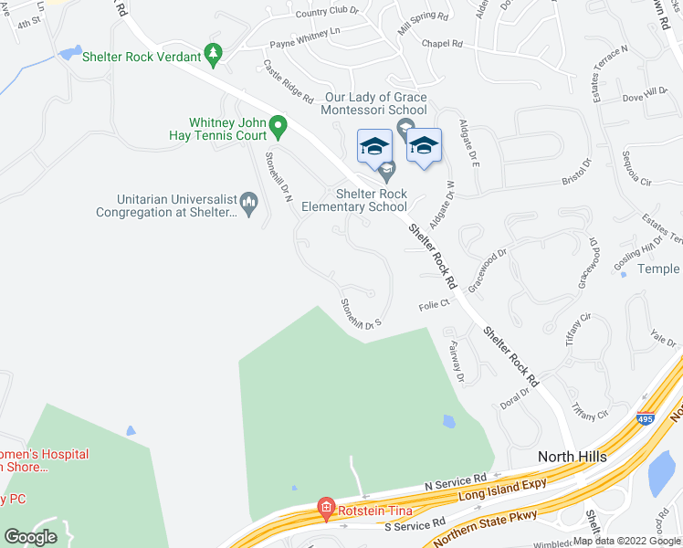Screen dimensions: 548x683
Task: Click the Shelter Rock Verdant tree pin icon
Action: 214,56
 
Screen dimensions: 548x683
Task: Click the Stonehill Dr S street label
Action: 360,312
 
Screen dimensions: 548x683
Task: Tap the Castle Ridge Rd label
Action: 288,81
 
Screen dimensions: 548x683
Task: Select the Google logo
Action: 30,537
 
